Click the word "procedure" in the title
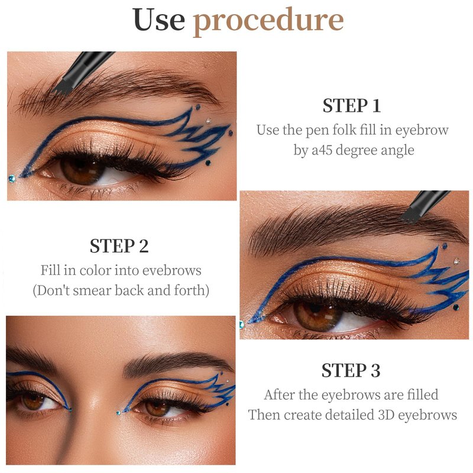point(268,21)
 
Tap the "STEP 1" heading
point(351,106)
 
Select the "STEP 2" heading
point(119,246)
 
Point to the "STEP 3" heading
point(351,370)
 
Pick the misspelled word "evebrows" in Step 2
point(171,270)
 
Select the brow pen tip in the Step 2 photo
point(411,216)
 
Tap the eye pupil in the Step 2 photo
point(315,307)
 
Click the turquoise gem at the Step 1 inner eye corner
point(12,179)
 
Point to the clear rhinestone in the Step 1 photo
point(209,121)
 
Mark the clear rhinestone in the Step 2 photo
point(456,261)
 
